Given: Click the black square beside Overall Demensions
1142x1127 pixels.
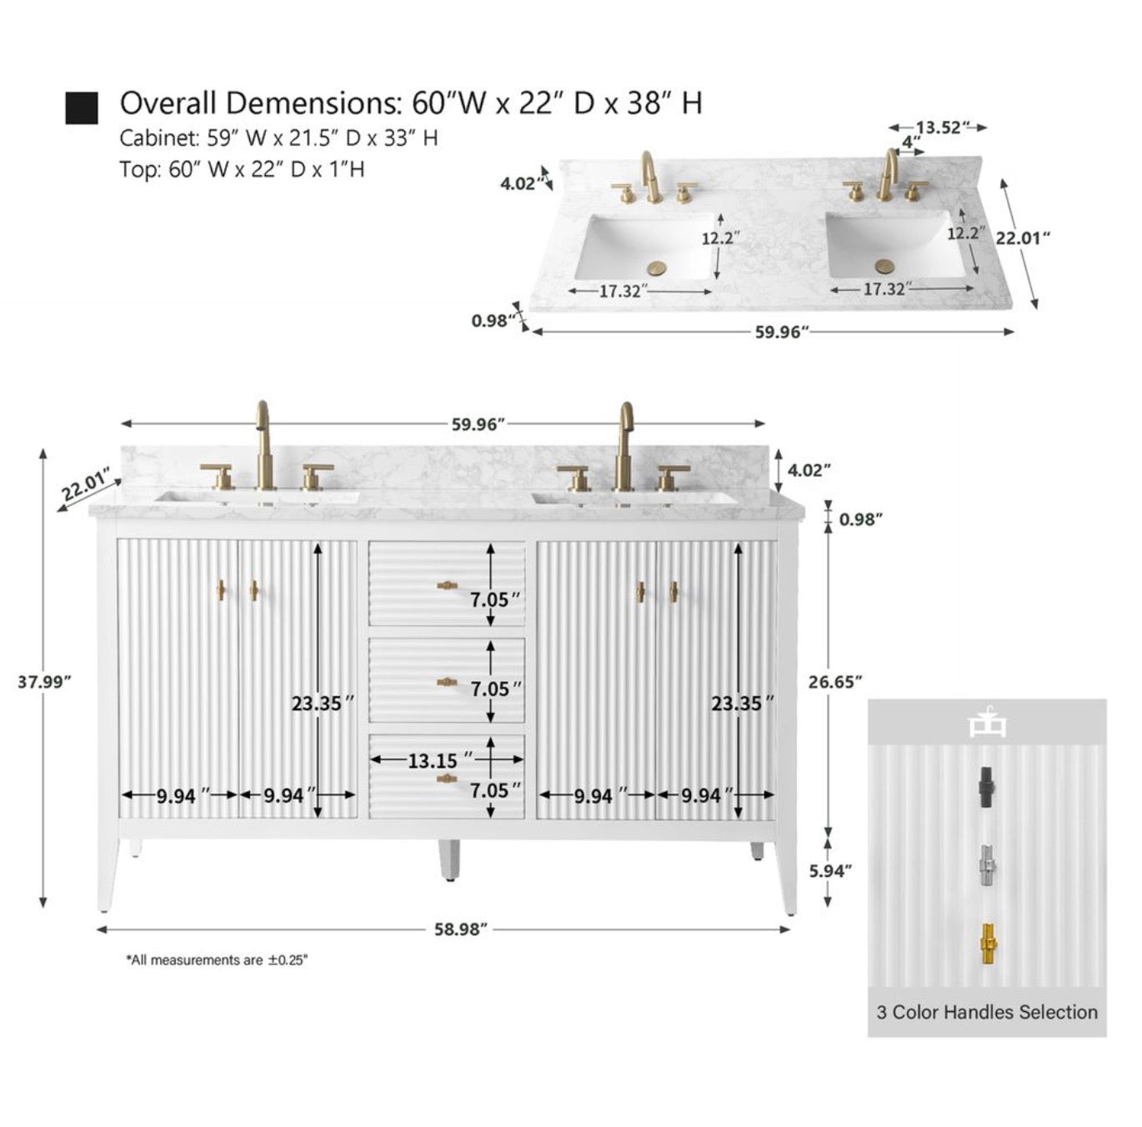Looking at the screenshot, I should pyautogui.click(x=82, y=108).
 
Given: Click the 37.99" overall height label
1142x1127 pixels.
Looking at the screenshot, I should pyautogui.click(x=44, y=681).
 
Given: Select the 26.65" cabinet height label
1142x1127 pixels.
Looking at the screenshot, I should pyautogui.click(x=834, y=681).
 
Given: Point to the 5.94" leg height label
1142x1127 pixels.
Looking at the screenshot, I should pyautogui.click(x=831, y=870).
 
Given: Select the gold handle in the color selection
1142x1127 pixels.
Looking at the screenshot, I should pyautogui.click(x=987, y=945).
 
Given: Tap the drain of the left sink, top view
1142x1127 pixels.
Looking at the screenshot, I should pyautogui.click(x=658, y=268).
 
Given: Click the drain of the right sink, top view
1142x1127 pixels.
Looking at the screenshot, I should pyautogui.click(x=884, y=266).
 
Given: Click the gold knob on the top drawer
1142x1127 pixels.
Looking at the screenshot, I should pyautogui.click(x=448, y=586).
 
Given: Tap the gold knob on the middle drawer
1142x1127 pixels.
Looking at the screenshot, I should pyautogui.click(x=448, y=683).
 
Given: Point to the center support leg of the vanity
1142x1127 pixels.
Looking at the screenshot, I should pyautogui.click(x=448, y=859).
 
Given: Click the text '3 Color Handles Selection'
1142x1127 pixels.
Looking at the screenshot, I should pyautogui.click(x=987, y=1012).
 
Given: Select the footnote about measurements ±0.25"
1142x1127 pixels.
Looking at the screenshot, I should pyautogui.click(x=217, y=960).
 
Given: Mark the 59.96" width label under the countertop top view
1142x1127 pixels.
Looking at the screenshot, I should pyautogui.click(x=782, y=332).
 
